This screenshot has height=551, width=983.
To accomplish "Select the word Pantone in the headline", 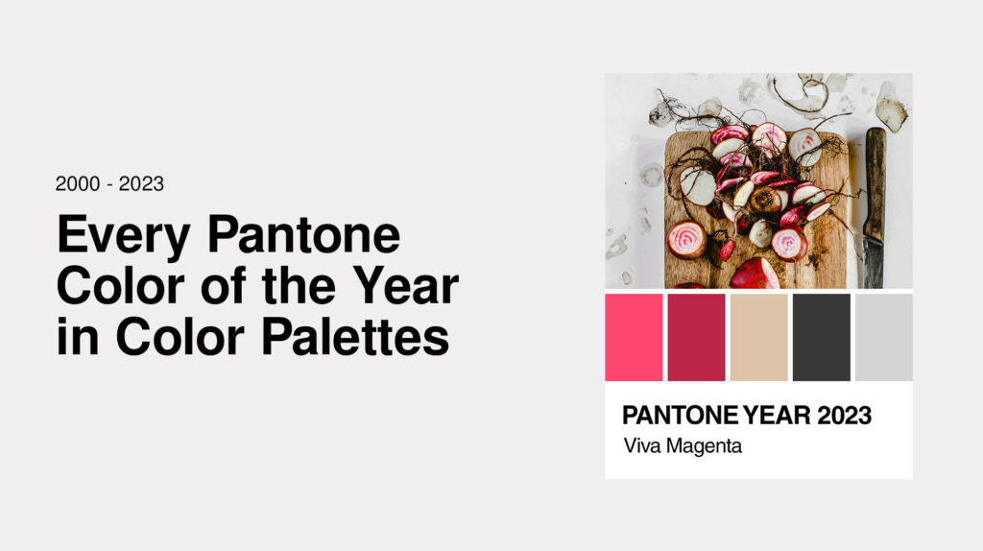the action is (304, 234).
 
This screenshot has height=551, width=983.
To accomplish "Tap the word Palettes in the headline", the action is (355, 337).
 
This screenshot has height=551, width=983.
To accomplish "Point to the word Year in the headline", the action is (406, 285).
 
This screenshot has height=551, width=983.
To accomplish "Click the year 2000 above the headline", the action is (78, 183).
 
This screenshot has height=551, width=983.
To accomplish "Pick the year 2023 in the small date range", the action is (141, 183).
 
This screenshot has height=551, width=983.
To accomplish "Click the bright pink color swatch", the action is (634, 337).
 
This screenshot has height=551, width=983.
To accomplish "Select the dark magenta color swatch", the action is (696, 337).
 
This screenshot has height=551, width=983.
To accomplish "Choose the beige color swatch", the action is (758, 337).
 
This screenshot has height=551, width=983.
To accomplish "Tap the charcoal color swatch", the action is (822, 337).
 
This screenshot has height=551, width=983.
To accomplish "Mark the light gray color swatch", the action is (884, 337).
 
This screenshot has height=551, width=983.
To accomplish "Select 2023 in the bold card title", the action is (844, 415).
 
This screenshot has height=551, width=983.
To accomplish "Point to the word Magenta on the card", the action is (704, 446).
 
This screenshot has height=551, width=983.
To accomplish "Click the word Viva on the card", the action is (642, 445).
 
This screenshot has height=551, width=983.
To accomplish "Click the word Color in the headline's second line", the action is (120, 285).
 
